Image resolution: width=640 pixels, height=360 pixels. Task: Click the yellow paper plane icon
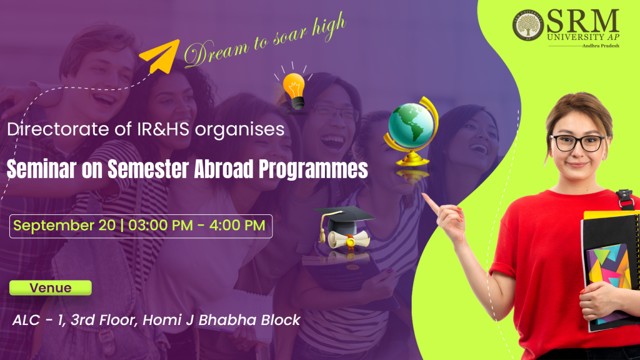pyautogui.click(x=161, y=56)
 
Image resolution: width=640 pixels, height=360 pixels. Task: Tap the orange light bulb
pyautogui.click(x=294, y=91)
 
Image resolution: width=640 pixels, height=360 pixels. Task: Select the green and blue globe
pyautogui.click(x=411, y=131)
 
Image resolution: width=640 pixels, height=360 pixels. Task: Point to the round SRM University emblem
pyautogui.click(x=527, y=25)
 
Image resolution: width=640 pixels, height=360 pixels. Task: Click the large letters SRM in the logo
pyautogui.click(x=582, y=22)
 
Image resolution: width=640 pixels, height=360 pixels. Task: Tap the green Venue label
pyautogui.click(x=51, y=287)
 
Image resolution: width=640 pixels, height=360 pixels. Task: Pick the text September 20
pyautogui.click(x=64, y=226)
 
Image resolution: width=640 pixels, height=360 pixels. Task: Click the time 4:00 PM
pyautogui.click(x=237, y=226)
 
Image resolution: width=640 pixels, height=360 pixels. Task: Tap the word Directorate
pyautogui.click(x=57, y=129)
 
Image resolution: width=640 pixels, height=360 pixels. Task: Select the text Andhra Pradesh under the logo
pyautogui.click(x=601, y=46)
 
